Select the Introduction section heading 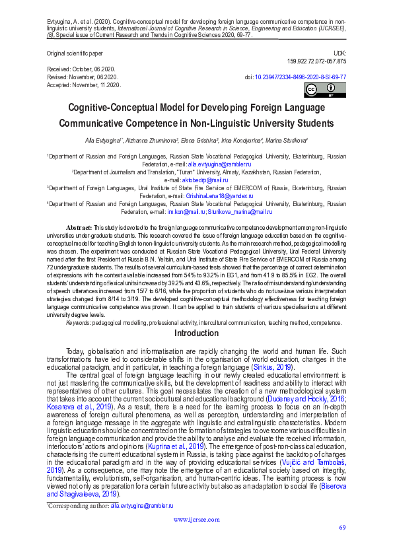point(196,333)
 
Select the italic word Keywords point(79,322)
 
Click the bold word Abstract point(79,226)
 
